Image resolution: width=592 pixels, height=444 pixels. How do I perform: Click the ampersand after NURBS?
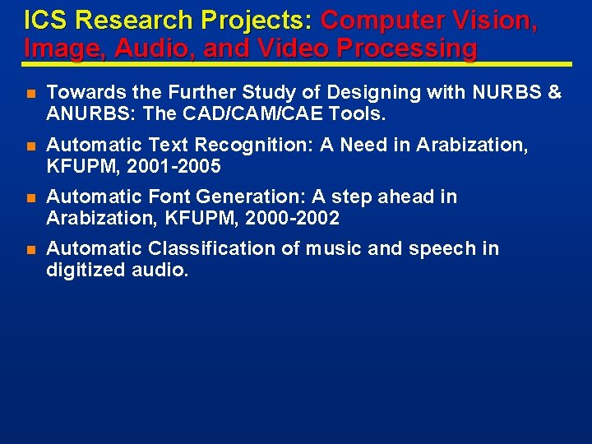[x=553, y=93]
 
